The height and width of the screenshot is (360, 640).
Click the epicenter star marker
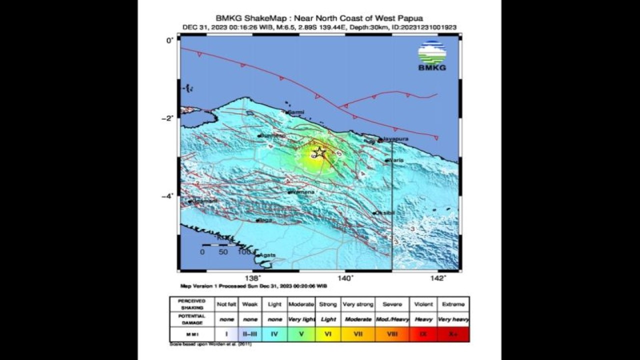coord(319,152)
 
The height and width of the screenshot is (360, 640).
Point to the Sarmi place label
coord(297,112)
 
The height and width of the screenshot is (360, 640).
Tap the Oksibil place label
coord(385,213)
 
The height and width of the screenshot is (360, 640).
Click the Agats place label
coord(267,255)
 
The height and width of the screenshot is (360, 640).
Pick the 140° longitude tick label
coord(345,278)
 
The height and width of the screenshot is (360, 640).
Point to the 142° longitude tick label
coord(437,278)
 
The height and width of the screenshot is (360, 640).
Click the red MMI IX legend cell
coord(423,334)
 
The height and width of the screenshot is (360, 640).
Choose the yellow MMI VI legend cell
coord(328,334)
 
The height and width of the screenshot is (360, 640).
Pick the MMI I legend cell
coord(226,334)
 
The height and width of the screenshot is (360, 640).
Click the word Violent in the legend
coord(423,304)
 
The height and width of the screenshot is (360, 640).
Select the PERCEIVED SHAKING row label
coord(192,304)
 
